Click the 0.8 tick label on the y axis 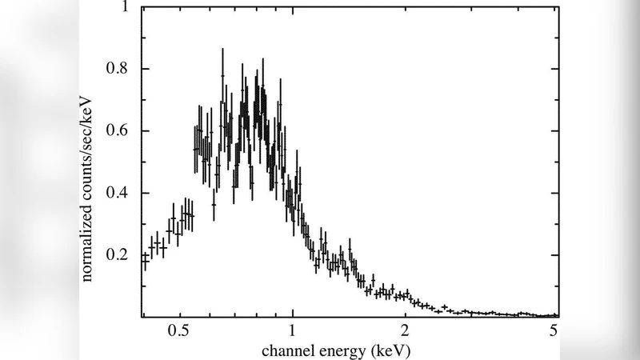(117, 69)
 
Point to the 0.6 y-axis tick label (117, 131)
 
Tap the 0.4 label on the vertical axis (117, 194)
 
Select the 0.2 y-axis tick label (117, 255)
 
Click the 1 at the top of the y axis (122, 7)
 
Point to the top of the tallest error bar (222, 49)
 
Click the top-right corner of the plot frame (558, 7)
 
